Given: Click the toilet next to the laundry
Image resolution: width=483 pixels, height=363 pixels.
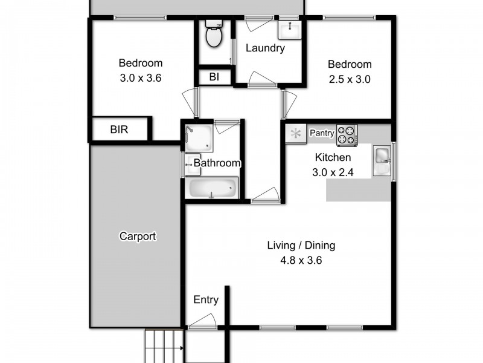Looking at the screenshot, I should [x=214, y=35].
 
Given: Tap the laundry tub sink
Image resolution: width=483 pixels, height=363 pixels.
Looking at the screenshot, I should [x=289, y=29].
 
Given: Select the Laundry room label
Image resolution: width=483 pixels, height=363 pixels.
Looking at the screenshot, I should [x=265, y=48].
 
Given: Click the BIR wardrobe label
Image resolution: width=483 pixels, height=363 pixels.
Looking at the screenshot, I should [x=119, y=129].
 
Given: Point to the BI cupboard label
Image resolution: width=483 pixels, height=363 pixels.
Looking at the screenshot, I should [x=214, y=77].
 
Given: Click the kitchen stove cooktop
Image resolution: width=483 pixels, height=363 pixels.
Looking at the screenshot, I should [x=347, y=135].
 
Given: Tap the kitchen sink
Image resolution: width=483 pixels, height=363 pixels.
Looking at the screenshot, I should [x=382, y=156].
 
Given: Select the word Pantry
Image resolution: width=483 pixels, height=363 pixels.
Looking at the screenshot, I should [x=322, y=132].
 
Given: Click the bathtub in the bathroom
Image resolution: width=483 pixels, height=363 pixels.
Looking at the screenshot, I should [x=211, y=188].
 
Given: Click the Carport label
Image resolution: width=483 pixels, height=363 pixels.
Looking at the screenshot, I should [x=138, y=237].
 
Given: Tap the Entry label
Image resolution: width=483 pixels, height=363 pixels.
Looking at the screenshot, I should [x=205, y=299].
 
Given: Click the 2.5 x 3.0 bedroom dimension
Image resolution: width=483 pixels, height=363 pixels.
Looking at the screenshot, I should [x=349, y=79].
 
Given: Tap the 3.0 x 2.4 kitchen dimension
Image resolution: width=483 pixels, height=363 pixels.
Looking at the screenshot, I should [x=333, y=172].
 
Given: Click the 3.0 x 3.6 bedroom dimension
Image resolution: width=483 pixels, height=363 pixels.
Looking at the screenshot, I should [x=140, y=77].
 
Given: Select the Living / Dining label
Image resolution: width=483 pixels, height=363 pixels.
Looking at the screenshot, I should [x=301, y=246].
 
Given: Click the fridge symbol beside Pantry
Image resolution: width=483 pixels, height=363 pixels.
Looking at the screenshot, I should [x=296, y=134].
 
